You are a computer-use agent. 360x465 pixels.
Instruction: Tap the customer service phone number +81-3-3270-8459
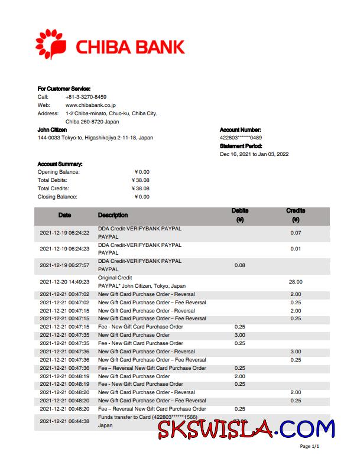tap(86, 97)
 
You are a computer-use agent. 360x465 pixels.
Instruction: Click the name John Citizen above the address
tap(52, 129)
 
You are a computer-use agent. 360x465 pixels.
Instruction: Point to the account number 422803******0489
tap(241, 138)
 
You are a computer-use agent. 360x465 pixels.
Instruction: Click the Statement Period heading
tap(241, 146)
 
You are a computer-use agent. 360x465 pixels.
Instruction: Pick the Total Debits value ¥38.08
tap(141, 180)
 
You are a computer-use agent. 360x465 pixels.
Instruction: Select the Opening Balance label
tap(58, 172)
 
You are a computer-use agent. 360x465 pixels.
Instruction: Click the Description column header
tap(112, 215)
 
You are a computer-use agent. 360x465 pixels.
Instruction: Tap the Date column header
tap(64, 215)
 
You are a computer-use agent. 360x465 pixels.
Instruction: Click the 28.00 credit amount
tap(296, 282)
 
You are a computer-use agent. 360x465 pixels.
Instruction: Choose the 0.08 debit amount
tap(239, 265)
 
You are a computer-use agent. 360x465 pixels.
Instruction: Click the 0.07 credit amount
tap(296, 232)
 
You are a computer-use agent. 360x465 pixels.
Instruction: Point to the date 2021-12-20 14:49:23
tap(64, 282)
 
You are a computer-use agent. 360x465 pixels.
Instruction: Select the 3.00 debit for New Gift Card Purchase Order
tap(239, 335)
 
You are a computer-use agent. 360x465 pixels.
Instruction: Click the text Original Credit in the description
tap(115, 278)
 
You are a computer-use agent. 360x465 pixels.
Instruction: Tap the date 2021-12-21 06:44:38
tap(64, 421)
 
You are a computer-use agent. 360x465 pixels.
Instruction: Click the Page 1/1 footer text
tap(310, 447)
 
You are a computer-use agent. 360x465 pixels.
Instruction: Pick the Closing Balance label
tap(57, 197)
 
